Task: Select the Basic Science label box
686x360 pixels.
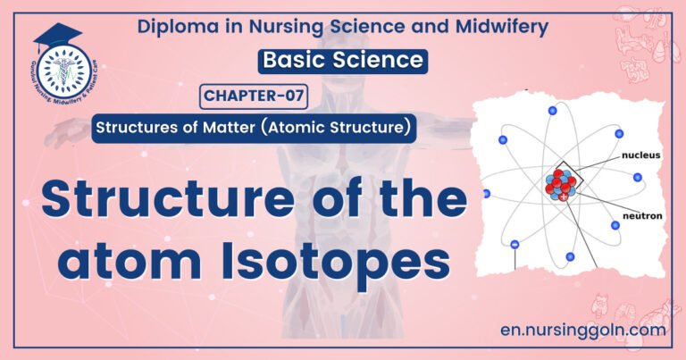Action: click(339, 61)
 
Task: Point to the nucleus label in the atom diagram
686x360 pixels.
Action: click(641, 155)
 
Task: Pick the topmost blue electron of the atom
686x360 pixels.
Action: click(553, 110)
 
